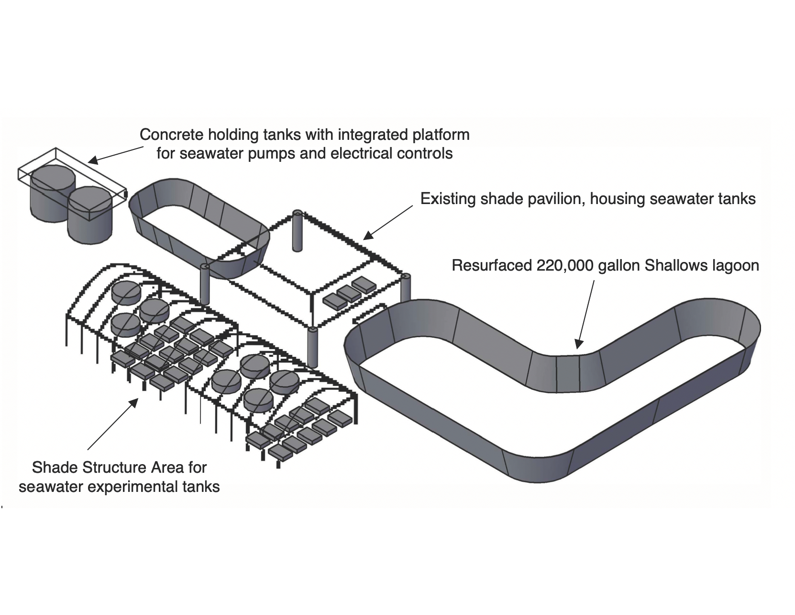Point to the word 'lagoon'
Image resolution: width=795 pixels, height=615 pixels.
(x=736, y=266)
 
